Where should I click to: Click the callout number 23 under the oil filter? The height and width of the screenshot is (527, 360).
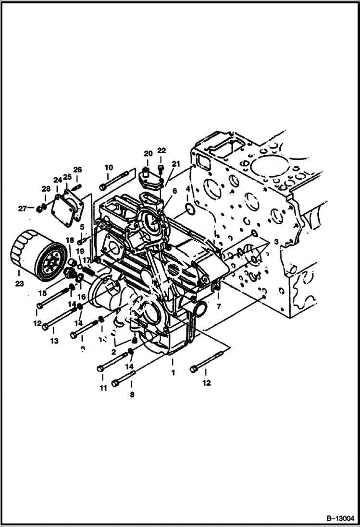pyautogui.click(x=19, y=283)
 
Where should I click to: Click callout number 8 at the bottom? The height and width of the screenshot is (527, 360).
pyautogui.click(x=132, y=395)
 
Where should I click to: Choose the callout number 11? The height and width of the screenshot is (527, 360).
pyautogui.click(x=103, y=388)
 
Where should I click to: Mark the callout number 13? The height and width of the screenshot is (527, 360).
pyautogui.click(x=54, y=341)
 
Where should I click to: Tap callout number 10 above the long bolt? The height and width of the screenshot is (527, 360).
pyautogui.click(x=109, y=167)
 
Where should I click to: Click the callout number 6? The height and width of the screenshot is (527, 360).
pyautogui.click(x=174, y=191)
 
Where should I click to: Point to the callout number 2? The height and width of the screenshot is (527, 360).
pyautogui.click(x=113, y=352)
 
